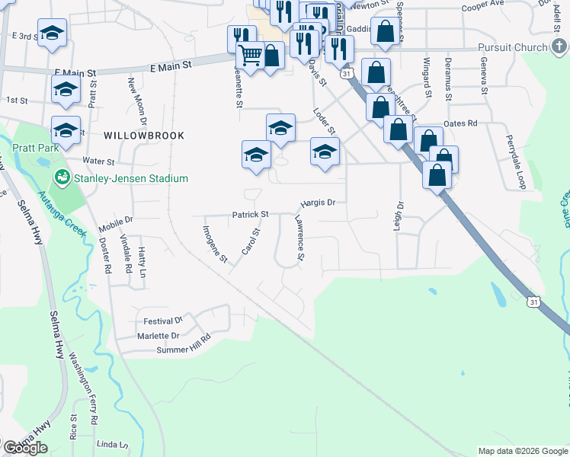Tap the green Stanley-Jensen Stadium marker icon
61,178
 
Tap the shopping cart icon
251,55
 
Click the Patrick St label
251,215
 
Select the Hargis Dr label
318,203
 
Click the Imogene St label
216,244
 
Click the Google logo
26,448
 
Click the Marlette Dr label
159,335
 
